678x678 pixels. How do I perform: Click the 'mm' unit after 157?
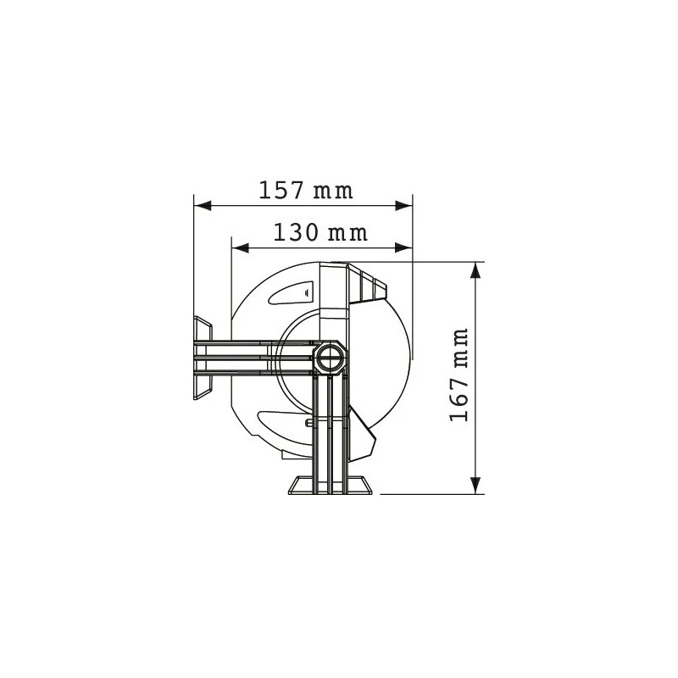tap(333, 192)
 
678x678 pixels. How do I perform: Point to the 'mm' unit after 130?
tap(347, 234)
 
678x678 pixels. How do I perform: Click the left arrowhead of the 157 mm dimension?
tap(203, 206)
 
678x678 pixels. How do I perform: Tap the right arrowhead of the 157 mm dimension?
tap(404, 206)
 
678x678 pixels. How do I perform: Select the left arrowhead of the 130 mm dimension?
tap(241, 247)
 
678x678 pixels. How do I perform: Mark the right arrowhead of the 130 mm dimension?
tap(404, 247)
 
